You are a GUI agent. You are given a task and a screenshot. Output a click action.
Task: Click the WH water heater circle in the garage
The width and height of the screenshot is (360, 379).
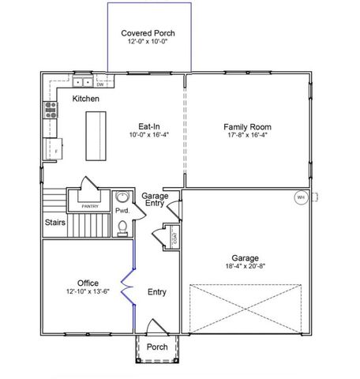[x=301, y=197]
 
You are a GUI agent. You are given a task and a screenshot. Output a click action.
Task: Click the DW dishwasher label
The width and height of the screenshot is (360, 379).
[x=100, y=83]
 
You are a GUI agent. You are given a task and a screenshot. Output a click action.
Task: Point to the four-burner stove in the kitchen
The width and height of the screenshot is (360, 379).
[x=51, y=109]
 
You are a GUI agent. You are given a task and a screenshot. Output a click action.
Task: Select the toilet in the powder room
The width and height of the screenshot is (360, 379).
[x=122, y=228]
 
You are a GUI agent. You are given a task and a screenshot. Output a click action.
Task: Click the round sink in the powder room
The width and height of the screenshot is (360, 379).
[x=122, y=197]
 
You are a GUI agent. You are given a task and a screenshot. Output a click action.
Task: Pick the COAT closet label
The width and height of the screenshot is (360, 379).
[x=174, y=236]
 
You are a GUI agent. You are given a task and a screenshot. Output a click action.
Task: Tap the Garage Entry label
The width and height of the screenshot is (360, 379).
[x=154, y=200]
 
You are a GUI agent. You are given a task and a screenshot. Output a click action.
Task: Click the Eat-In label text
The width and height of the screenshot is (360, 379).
[x=149, y=126]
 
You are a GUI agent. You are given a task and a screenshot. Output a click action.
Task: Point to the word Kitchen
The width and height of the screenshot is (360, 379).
[x=86, y=99]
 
